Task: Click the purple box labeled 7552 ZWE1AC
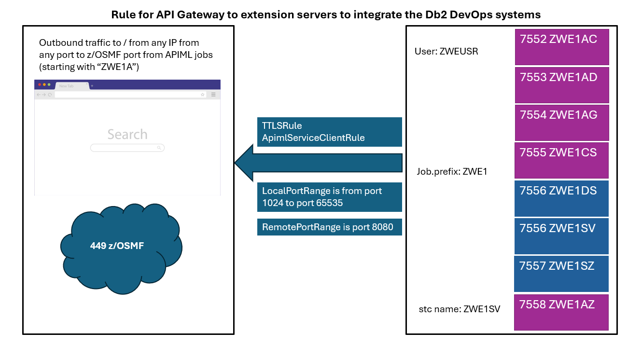point(562,47)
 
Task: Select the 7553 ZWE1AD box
point(562,84)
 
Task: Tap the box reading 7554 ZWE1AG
point(562,122)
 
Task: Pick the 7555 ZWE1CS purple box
point(562,160)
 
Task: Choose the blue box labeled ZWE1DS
point(562,198)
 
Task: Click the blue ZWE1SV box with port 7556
point(562,235)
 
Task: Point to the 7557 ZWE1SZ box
point(562,273)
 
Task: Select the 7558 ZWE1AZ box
point(562,312)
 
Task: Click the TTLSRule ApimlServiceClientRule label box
point(329,132)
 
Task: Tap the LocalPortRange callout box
point(329,197)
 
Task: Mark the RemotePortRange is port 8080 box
point(329,227)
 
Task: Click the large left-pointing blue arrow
point(319,163)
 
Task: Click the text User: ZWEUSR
point(446,51)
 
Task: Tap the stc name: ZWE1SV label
point(460,309)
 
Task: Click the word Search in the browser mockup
point(127,134)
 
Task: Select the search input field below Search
point(127,148)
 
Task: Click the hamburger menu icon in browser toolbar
point(213,95)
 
